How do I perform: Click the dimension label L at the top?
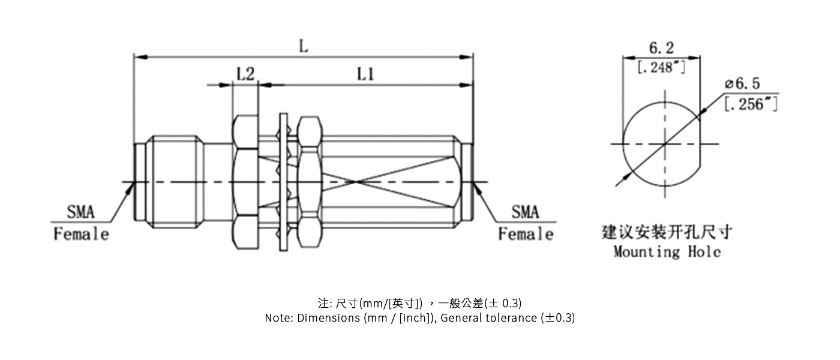pyautogui.click(x=304, y=46)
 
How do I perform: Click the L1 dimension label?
pyautogui.click(x=366, y=74)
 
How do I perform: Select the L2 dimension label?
pyautogui.click(x=245, y=74)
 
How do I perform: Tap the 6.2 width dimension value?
pyautogui.click(x=661, y=48)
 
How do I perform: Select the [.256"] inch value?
pyautogui.click(x=751, y=104)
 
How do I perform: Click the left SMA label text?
pyautogui.click(x=80, y=212)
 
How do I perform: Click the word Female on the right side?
pyautogui.click(x=526, y=234)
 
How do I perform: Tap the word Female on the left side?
pyautogui.click(x=82, y=234)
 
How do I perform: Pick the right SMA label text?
pyautogui.click(x=525, y=212)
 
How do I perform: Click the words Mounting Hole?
pyautogui.click(x=667, y=252)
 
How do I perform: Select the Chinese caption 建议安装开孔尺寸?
pyautogui.click(x=667, y=232)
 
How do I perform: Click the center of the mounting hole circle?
pyautogui.click(x=665, y=144)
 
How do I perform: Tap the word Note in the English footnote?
pyautogui.click(x=278, y=318)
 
